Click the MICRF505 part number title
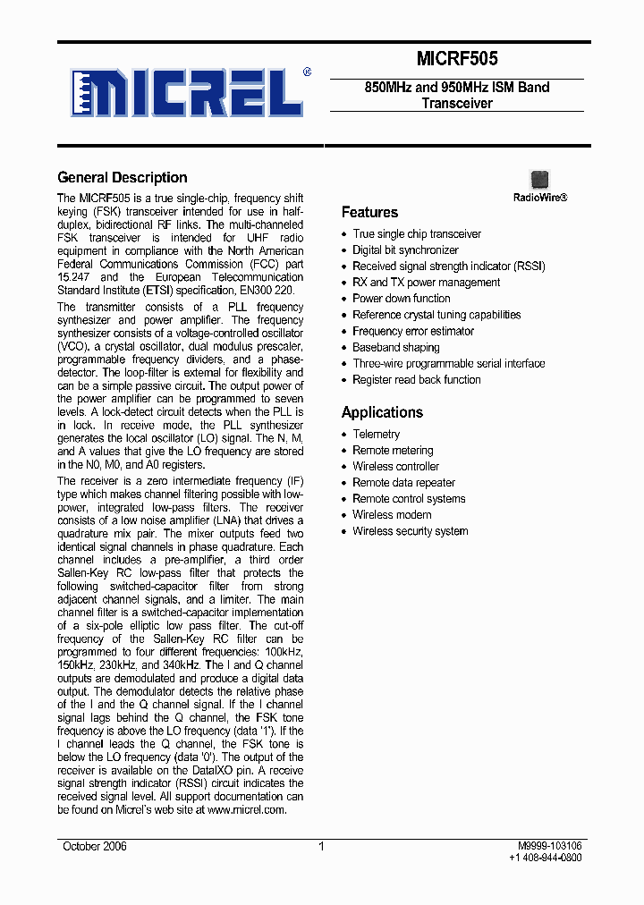click(x=456, y=59)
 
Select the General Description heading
click(x=123, y=177)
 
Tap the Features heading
click(x=369, y=212)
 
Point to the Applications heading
click(x=382, y=412)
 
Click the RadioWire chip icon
click(x=539, y=179)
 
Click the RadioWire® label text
click(x=539, y=197)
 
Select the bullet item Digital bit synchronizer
click(x=405, y=250)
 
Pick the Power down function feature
click(x=401, y=299)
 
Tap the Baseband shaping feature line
click(x=395, y=347)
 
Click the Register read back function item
click(x=416, y=379)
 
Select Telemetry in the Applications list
click(x=376, y=434)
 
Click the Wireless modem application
click(x=392, y=514)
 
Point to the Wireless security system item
click(x=410, y=531)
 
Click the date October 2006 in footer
click(x=95, y=846)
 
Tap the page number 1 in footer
click(x=321, y=846)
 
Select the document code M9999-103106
click(x=549, y=845)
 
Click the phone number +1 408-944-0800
click(x=545, y=858)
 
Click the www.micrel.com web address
click(x=246, y=809)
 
